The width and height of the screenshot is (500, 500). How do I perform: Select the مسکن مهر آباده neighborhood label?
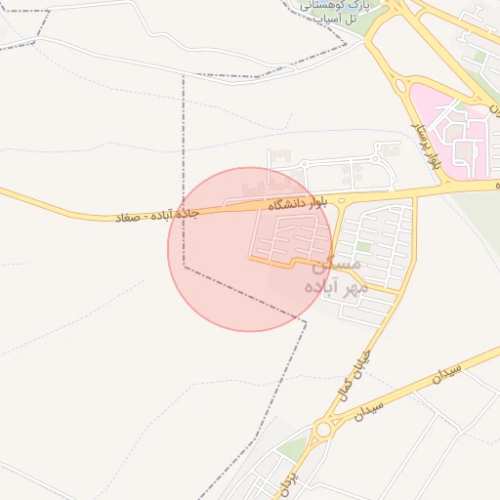pos(335,276)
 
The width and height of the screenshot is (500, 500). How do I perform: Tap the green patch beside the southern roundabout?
pos(294,448)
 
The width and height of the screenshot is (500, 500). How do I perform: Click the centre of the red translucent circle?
pos(250,249)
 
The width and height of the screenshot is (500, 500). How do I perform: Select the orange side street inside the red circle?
pos(273,262)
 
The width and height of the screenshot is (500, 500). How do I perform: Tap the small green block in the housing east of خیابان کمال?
pos(363,247)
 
